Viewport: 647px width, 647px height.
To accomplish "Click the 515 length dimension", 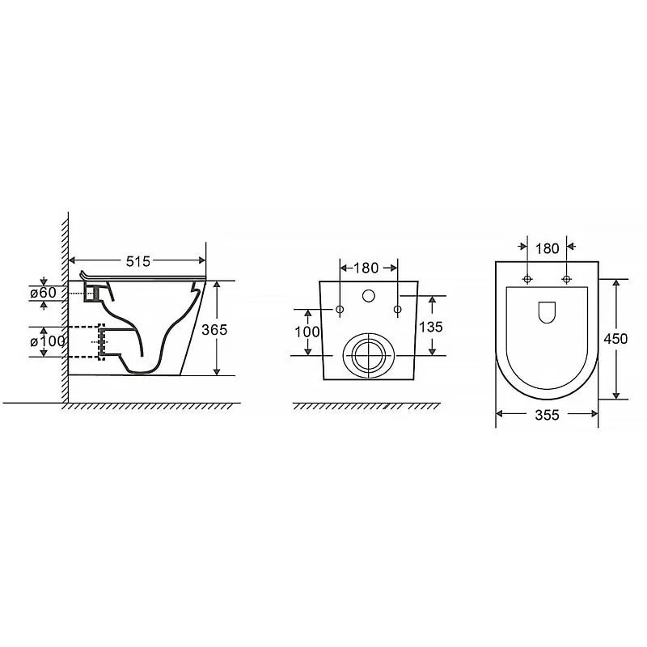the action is [138, 261].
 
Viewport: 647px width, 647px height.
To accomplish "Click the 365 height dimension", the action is [214, 330].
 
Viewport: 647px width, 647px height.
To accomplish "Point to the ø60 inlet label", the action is [44, 293].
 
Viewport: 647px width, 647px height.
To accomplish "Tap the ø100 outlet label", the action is [48, 341].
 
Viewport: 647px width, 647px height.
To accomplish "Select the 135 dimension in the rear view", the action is [431, 327].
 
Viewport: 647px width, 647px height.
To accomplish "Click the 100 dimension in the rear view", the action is [307, 332].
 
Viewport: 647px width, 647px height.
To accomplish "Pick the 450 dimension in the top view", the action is [615, 339].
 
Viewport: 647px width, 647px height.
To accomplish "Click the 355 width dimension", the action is [548, 415].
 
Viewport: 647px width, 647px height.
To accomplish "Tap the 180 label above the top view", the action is [548, 248].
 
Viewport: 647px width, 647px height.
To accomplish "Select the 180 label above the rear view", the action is [366, 268].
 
